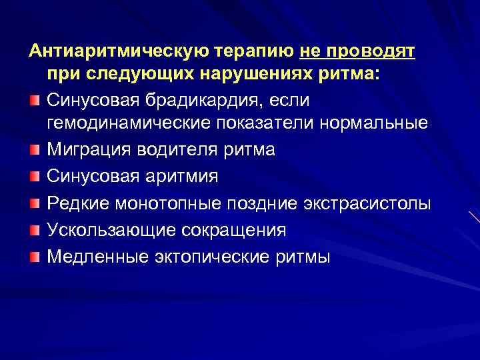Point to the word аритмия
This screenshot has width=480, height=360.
coord(189,176)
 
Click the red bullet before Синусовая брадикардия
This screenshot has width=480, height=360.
coord(35,100)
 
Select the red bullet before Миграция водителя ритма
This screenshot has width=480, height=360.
coord(35,150)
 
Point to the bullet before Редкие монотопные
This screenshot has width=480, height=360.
coord(35,203)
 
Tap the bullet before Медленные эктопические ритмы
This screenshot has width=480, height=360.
coord(35,257)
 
